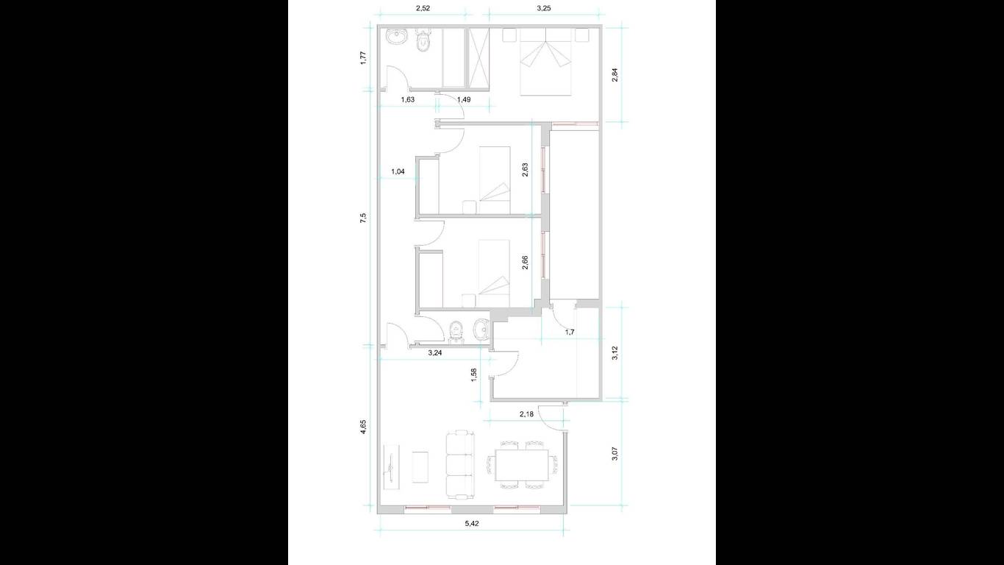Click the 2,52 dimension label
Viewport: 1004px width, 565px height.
pyautogui.click(x=423, y=9)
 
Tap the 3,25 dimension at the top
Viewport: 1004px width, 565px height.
pyautogui.click(x=544, y=9)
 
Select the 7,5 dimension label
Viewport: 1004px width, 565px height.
pyautogui.click(x=364, y=218)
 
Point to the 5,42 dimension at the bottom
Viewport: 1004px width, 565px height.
pyautogui.click(x=472, y=523)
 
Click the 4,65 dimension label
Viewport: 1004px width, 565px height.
pyautogui.click(x=364, y=427)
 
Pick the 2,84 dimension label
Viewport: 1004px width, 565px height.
pyautogui.click(x=615, y=74)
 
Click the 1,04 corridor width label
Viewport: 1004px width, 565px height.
pyautogui.click(x=398, y=171)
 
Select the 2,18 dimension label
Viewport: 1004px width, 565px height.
pyautogui.click(x=527, y=414)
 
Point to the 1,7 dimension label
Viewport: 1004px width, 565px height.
pyautogui.click(x=570, y=333)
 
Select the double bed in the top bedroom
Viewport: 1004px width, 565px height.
pyautogui.click(x=546, y=62)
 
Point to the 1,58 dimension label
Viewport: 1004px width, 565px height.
pyautogui.click(x=474, y=374)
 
